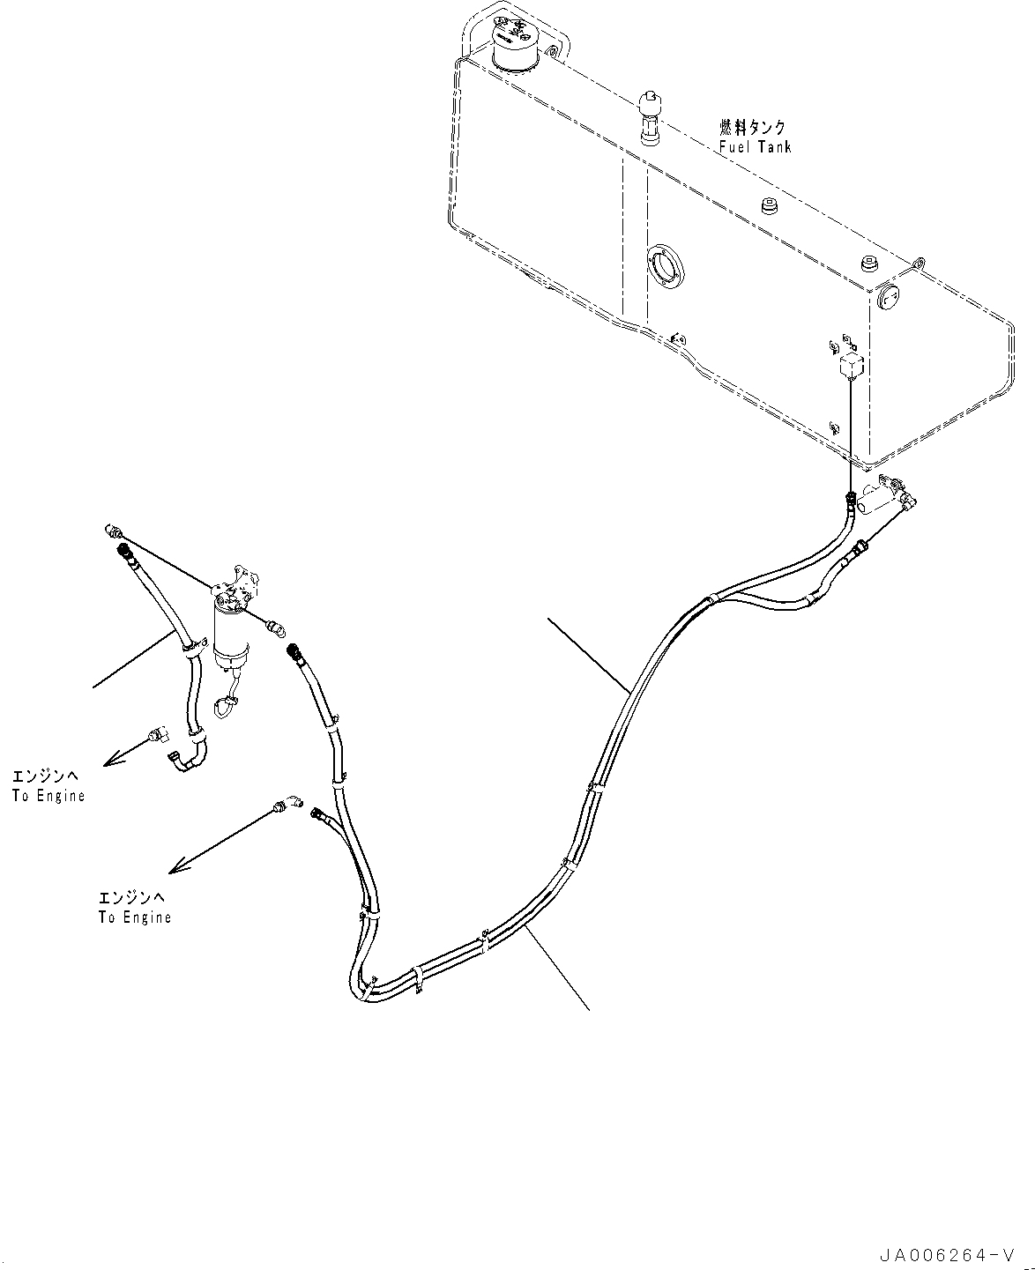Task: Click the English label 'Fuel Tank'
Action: (756, 146)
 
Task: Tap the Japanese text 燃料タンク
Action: (752, 127)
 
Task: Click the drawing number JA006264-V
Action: (947, 1251)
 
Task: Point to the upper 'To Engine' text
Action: (48, 795)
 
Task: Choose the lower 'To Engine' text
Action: (135, 917)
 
